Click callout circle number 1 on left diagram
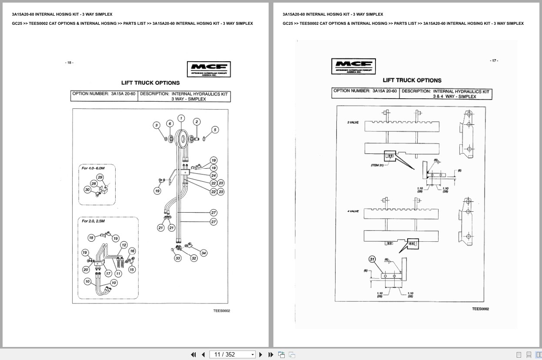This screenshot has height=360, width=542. coord(181,118)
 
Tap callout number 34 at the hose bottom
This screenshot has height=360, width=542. coord(203,253)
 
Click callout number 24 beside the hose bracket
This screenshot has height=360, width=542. coord(213,176)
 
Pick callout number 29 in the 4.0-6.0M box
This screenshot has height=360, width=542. coord(100,177)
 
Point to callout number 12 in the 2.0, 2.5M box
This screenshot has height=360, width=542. coord(124,245)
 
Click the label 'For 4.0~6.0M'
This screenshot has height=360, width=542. coord(93,168)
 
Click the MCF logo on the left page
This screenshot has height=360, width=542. coord(209,69)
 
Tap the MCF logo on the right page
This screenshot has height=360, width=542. coord(353,67)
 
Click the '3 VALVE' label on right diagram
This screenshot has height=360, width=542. coord(352,123)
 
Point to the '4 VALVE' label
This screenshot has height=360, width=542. coord(352,211)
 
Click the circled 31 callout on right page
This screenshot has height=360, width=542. coord(372,259)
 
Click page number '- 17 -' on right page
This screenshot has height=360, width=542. coord(494,60)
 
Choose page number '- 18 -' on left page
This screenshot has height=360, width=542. coord(70,63)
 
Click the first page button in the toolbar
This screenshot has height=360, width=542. coord(193,354)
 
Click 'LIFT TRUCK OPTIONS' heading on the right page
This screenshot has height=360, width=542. coord(412,80)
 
